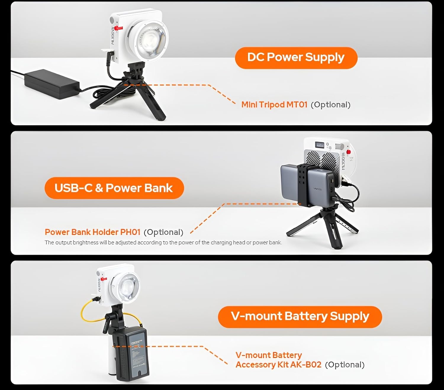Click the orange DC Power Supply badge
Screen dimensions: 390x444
pyautogui.click(x=296, y=58)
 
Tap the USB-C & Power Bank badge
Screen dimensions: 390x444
pyautogui.click(x=114, y=188)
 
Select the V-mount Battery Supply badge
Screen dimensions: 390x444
pyautogui.click(x=300, y=317)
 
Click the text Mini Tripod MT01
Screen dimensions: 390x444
pyautogui.click(x=274, y=105)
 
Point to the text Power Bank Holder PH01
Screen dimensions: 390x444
pyautogui.click(x=92, y=232)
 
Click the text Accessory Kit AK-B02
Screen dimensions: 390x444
pyautogui.click(x=278, y=365)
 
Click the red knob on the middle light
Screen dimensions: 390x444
pyautogui.click(x=348, y=152)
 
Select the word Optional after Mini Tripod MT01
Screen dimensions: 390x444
pyautogui.click(x=330, y=105)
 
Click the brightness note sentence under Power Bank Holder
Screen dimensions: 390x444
pyautogui.click(x=163, y=243)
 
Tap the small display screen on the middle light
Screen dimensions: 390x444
pyautogui.click(x=320, y=145)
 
